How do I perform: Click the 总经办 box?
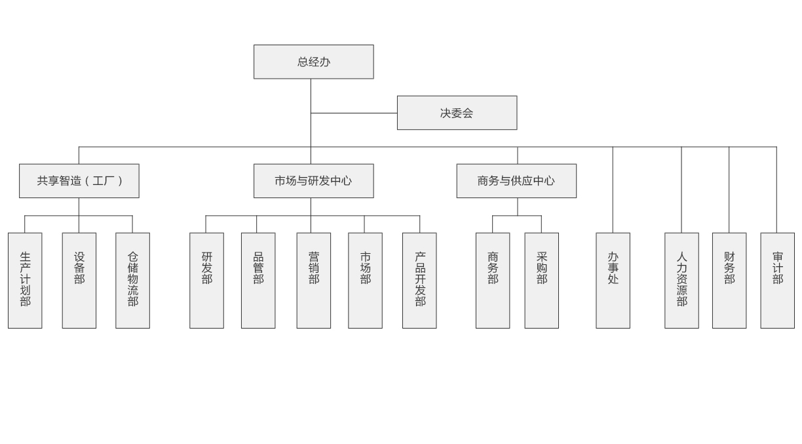pyautogui.click(x=313, y=62)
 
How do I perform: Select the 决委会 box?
pyautogui.click(x=457, y=113)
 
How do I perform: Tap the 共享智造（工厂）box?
pyautogui.click(x=79, y=181)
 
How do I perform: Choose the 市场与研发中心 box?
pyautogui.click(x=313, y=181)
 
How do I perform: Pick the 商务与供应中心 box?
pyautogui.click(x=516, y=181)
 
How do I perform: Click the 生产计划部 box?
pyautogui.click(x=25, y=280)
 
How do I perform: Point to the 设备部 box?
pyautogui.click(x=79, y=280)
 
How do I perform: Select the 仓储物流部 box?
pyautogui.click(x=132, y=280)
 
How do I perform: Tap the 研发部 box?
pyautogui.click(x=206, y=280)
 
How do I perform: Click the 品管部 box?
pyautogui.click(x=258, y=280)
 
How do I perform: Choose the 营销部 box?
pyautogui.click(x=313, y=280)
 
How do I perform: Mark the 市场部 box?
pyautogui.click(x=365, y=280)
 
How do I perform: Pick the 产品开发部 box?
pyautogui.click(x=419, y=280)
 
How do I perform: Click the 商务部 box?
pyautogui.click(x=493, y=280)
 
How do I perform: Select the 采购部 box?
pyautogui.click(x=541, y=280)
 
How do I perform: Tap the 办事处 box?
pyautogui.click(x=613, y=280)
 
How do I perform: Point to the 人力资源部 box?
pyautogui.click(x=681, y=280)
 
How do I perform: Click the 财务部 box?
pyautogui.click(x=729, y=280)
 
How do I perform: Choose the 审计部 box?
pyautogui.click(x=777, y=280)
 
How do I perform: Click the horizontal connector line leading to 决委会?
pyautogui.click(x=354, y=113)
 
